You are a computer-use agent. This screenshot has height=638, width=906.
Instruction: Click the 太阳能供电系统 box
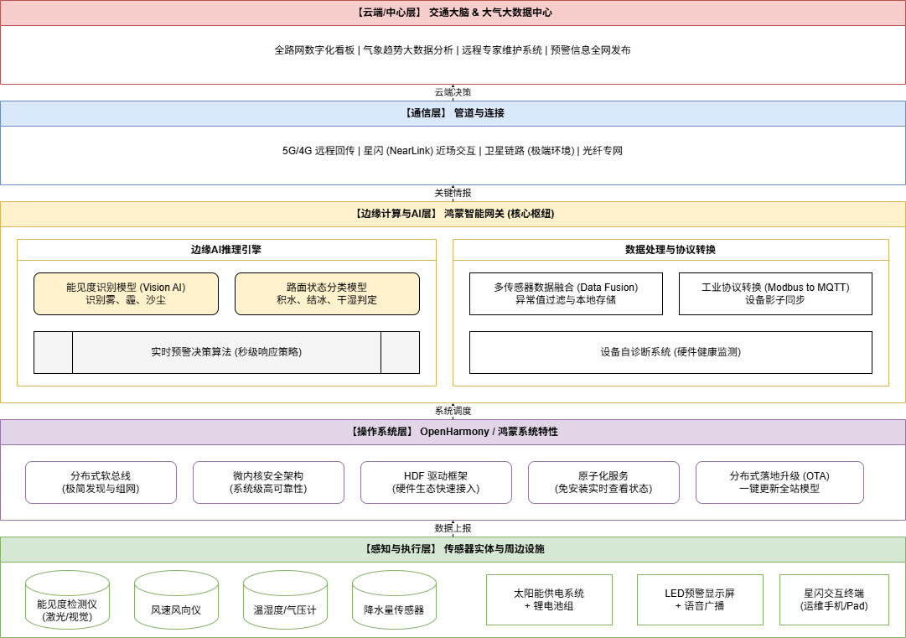pos(549,599)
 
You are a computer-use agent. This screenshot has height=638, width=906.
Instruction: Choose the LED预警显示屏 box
pos(700,599)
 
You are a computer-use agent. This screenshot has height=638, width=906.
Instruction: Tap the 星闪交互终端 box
pos(834,599)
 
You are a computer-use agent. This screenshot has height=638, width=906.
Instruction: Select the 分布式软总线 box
pos(101,482)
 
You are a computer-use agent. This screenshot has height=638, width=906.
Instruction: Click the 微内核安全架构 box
pos(268,482)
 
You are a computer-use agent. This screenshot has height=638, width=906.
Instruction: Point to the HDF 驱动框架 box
pos(436,482)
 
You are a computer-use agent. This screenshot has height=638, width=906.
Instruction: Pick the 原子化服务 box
pos(603,482)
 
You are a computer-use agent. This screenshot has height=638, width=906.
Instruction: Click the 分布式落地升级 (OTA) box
pos(779,482)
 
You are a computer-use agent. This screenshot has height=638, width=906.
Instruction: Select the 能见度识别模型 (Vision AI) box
pos(126,293)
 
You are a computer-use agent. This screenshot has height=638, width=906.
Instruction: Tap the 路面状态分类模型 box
pos(327,293)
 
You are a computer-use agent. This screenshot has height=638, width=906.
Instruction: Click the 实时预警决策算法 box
pos(226,352)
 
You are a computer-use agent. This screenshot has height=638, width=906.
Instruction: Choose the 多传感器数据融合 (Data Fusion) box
pos(566,293)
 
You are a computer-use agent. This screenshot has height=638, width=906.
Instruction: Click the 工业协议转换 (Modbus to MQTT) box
pos(775,293)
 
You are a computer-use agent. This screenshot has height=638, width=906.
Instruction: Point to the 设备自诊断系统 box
pos(670,352)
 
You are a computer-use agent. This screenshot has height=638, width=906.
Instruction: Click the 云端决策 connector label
pos(453,92)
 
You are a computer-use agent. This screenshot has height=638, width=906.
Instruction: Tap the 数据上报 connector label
pos(453,528)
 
